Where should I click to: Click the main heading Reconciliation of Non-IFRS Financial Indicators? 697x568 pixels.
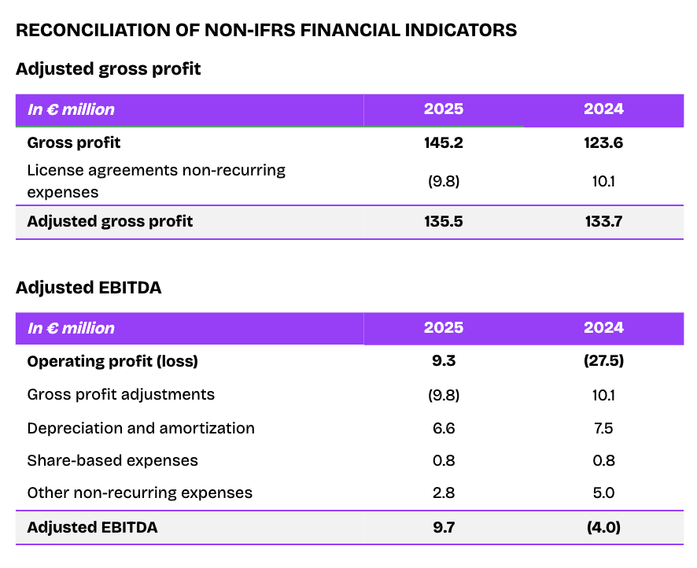pos(266,30)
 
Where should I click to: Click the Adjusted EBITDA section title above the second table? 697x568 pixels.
pos(88,287)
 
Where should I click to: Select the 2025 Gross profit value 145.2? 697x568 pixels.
pos(444,143)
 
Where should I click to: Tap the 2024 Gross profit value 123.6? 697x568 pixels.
pos(603,143)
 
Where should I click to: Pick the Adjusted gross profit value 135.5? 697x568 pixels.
pos(444,221)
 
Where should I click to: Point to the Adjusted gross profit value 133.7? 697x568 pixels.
pos(603,221)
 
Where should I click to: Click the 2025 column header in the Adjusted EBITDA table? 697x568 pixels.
pos(444,328)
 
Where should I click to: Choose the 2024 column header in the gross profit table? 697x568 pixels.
pos(603,109)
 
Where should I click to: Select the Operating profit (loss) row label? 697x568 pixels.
pos(112,361)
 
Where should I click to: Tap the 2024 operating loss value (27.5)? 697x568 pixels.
pos(603,361)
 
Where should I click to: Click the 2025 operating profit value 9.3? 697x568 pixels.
pos(444,361)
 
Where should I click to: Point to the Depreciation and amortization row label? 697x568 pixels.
pos(141,428)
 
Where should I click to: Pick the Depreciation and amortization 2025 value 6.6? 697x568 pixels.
pos(444,428)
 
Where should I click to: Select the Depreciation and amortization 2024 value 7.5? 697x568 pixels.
pos(603,428)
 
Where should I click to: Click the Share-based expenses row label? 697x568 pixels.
pos(112,460)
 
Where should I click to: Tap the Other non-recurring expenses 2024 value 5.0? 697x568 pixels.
pos(603,493)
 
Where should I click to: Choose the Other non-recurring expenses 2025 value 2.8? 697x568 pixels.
pos(444,493)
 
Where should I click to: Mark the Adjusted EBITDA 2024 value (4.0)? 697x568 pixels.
pos(603,527)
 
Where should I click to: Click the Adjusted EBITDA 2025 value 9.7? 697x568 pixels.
pos(444,527)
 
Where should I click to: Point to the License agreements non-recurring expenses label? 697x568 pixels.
pos(156,180)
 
